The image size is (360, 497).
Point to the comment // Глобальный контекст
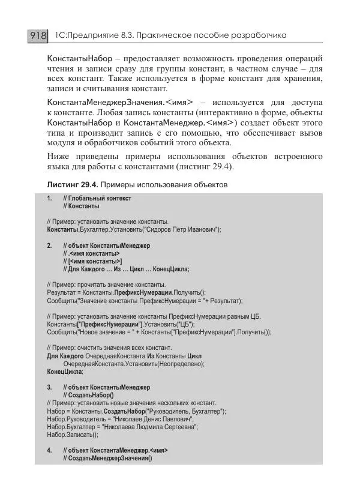[x=97, y=197]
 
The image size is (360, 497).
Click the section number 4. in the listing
[x=49, y=450]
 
